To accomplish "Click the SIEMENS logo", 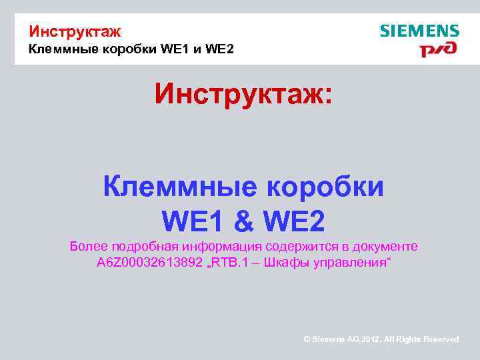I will point(419,31).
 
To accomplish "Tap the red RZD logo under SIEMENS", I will point(438,50).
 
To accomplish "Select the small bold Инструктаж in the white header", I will point(75,31).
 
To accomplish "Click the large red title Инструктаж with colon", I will point(242,93).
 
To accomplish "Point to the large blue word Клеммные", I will point(179,187).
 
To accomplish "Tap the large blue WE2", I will point(295,221).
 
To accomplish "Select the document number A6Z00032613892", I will point(149,263).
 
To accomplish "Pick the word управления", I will point(353,263).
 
